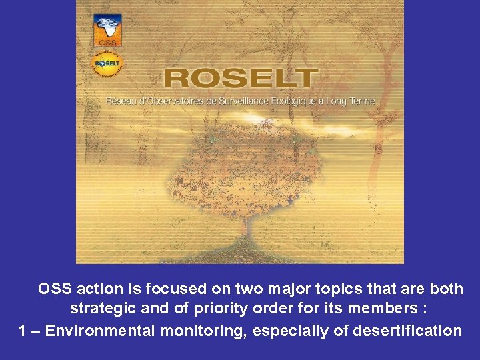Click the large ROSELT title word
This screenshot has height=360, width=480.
[x=238, y=78]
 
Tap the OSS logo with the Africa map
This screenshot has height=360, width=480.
[x=107, y=30]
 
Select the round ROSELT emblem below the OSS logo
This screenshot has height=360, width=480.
[x=107, y=64]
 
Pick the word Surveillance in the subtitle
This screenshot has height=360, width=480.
[x=257, y=101]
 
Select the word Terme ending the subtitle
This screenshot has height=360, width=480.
[x=363, y=101]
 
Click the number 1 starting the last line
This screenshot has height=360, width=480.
[x=22, y=331]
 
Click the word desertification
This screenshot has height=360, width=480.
[x=407, y=331]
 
